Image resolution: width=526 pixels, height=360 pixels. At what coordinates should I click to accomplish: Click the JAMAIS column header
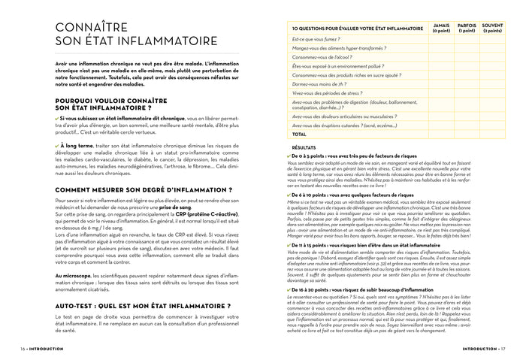pyautogui.click(x=442, y=28)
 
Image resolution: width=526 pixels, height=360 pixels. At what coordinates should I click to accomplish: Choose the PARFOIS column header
pyautogui.click(x=467, y=28)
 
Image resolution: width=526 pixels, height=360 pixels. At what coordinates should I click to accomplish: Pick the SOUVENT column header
pyautogui.click(x=492, y=28)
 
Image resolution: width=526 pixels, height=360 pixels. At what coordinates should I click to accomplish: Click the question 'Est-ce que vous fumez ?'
pyautogui.click(x=316, y=38)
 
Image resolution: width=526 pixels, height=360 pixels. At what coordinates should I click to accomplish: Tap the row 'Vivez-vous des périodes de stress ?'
pyautogui.click(x=327, y=93)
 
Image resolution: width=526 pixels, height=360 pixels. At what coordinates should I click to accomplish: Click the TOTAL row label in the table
pyautogui.click(x=298, y=134)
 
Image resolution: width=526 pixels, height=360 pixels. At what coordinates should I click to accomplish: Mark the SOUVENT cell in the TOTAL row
pyautogui.click(x=492, y=134)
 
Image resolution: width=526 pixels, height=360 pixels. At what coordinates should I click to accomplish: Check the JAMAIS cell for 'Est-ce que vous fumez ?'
pyautogui.click(x=442, y=38)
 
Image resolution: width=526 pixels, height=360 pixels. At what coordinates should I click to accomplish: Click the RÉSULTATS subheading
pyautogui.click(x=304, y=148)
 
